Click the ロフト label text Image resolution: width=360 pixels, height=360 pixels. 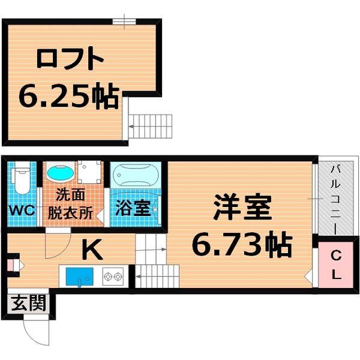70,60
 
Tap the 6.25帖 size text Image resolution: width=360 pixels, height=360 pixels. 68,95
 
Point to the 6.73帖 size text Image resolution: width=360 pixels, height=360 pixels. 242,244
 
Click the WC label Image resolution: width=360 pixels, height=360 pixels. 22,211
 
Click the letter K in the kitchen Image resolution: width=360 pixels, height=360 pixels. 92,249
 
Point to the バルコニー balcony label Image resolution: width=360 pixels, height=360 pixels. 335,198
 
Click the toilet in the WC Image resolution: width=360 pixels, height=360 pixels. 22,178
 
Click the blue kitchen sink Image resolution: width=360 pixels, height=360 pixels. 79,278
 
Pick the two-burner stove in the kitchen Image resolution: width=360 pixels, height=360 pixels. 112,278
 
